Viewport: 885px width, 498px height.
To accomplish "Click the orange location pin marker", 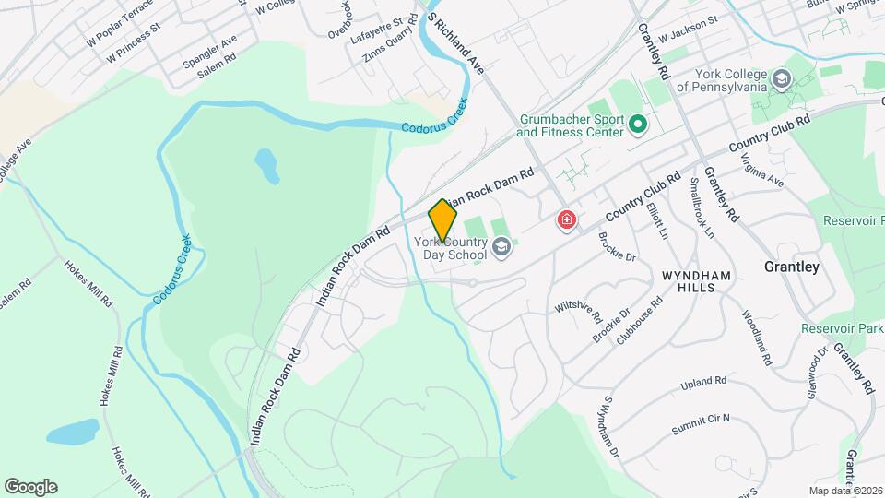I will tap(442, 219).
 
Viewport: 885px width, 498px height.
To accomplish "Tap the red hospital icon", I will tap(565, 220).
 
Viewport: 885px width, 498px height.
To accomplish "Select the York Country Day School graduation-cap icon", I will tap(501, 245).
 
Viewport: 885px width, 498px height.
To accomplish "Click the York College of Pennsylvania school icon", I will tap(782, 78).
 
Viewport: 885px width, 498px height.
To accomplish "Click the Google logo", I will tap(30, 486).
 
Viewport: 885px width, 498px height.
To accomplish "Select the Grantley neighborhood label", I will tap(791, 267).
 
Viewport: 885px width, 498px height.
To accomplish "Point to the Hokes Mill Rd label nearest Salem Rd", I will tap(88, 283).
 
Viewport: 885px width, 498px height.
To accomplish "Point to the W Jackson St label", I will tap(688, 36).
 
